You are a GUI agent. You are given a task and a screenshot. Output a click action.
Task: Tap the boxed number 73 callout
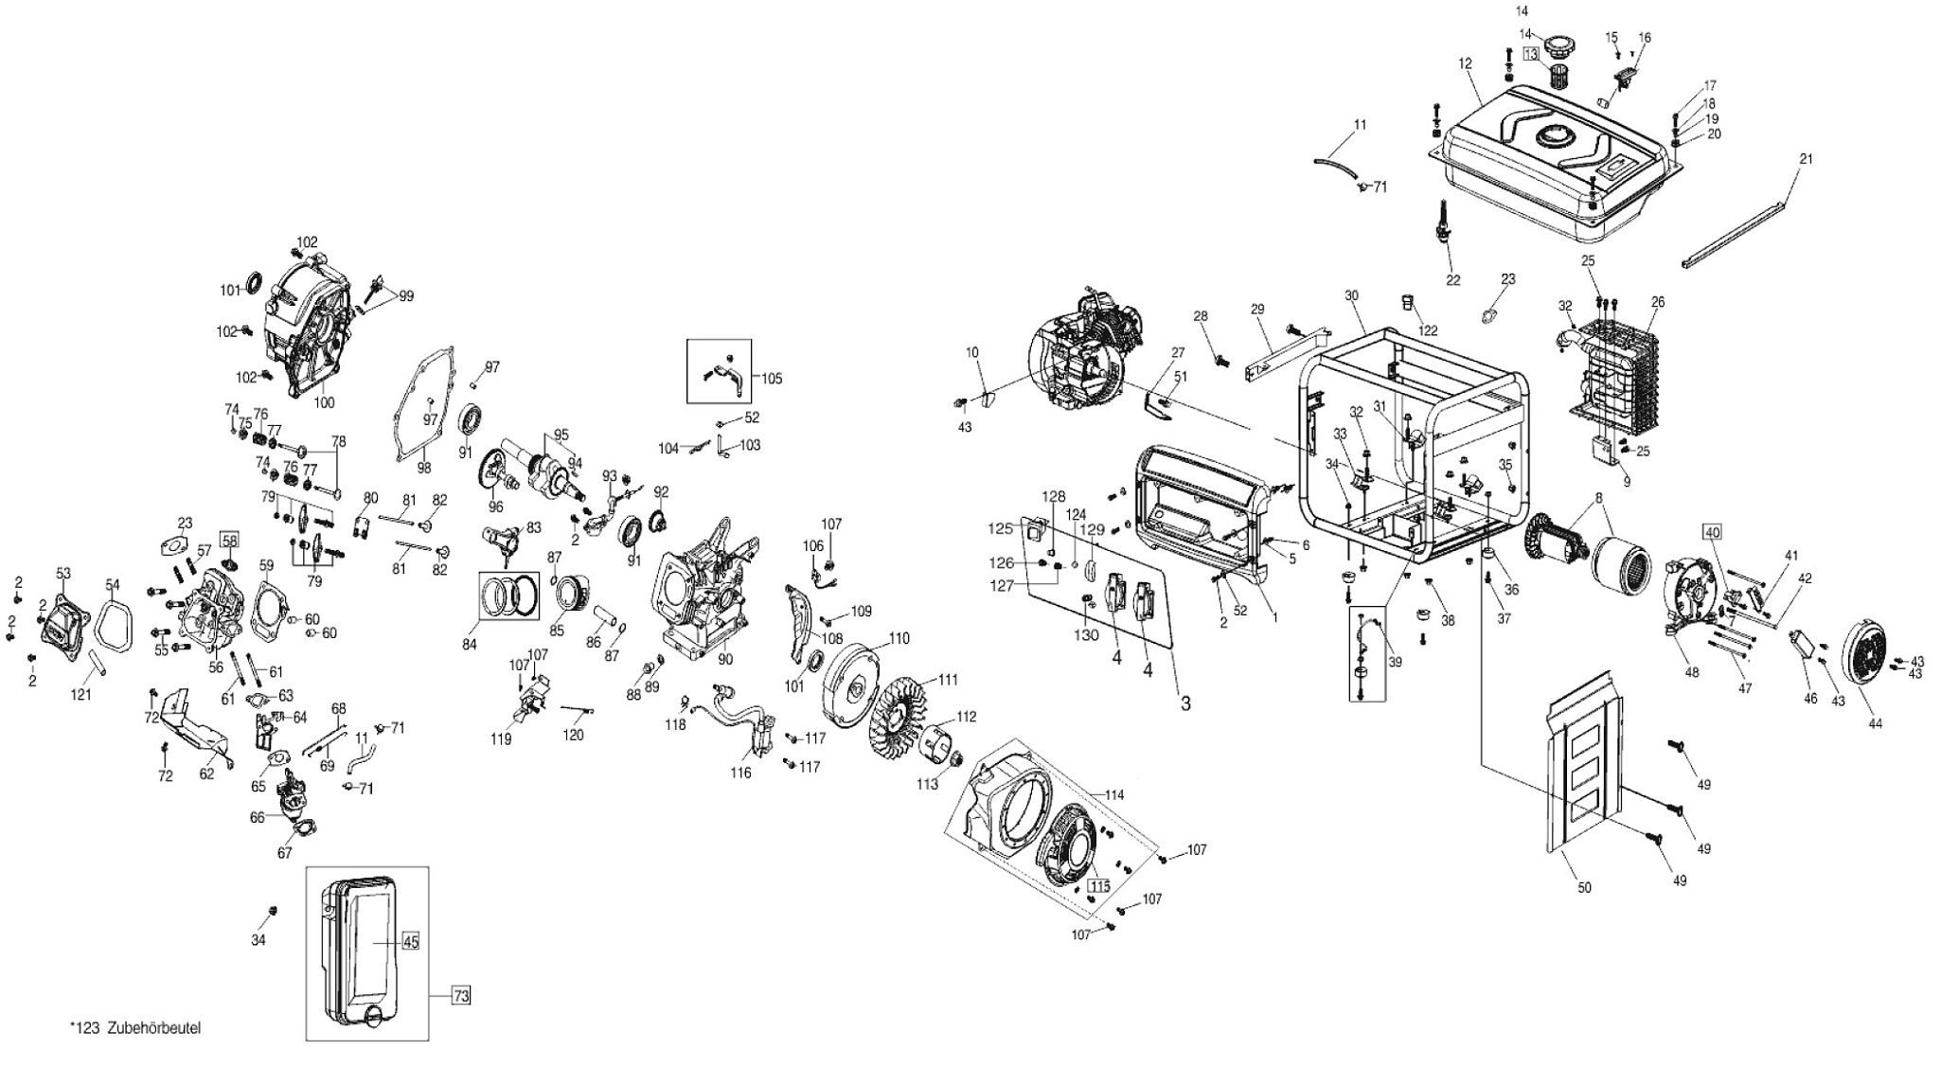(x=459, y=995)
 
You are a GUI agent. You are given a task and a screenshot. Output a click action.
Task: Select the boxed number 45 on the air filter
(x=410, y=941)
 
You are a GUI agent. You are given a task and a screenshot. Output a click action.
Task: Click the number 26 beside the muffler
(x=1657, y=303)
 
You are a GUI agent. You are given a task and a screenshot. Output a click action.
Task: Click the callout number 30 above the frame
(x=1351, y=296)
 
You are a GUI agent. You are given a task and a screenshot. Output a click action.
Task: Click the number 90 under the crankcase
(x=725, y=658)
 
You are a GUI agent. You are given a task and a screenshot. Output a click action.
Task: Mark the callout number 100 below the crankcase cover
(x=324, y=402)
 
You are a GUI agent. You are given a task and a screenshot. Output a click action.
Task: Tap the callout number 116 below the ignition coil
(x=740, y=774)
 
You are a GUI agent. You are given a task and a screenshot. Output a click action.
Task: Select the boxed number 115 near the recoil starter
(x=1098, y=886)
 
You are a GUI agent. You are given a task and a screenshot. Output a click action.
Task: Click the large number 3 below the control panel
(x=1184, y=703)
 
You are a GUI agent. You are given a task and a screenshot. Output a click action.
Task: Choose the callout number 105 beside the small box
(x=771, y=379)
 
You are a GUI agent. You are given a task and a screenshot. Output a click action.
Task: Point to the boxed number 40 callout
(x=1712, y=532)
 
